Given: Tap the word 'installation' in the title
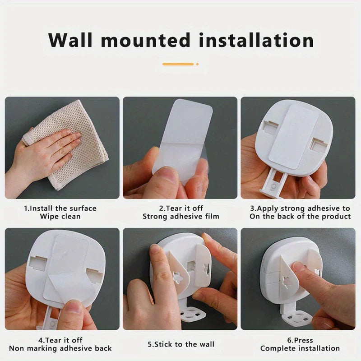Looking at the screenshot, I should pos(252,40).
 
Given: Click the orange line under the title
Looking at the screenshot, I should pos(178,64).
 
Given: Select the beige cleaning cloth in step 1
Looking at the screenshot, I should pos(68,144).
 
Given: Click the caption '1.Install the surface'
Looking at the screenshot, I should pos(60,208).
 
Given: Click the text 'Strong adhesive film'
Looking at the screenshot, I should pos(181,217).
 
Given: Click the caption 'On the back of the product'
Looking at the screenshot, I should pos(300,217).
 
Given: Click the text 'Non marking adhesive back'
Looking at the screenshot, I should pos(60,348).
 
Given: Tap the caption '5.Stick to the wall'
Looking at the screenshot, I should pos(181,344).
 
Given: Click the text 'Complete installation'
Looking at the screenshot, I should pos(300,348).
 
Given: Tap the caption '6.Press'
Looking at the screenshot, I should pos(300,340).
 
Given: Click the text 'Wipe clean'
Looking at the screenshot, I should pos(60,217).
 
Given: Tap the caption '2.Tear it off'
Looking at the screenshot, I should pos(181,208).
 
